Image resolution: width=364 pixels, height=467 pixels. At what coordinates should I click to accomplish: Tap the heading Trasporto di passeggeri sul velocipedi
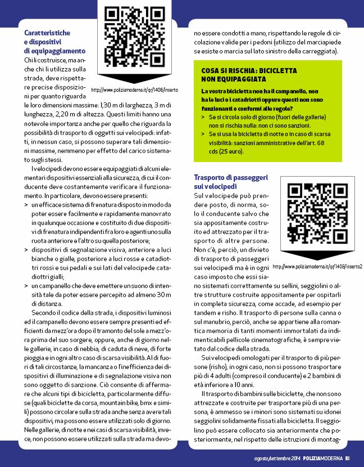point(231,181)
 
